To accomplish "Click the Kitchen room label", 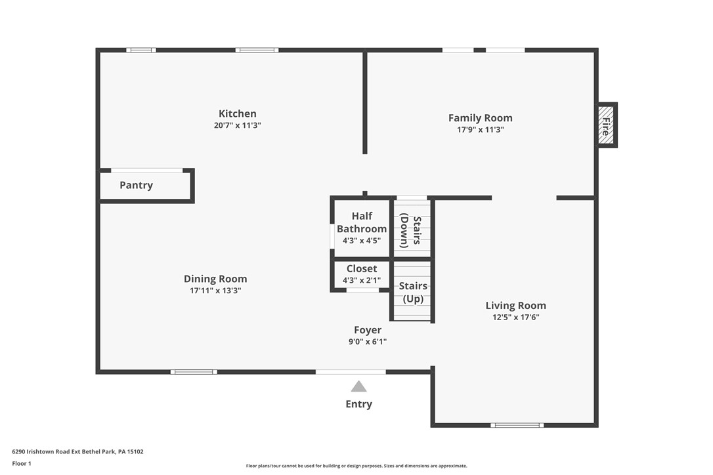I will click(x=237, y=114).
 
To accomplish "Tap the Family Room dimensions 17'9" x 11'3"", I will click(x=480, y=130).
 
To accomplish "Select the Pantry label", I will click(x=136, y=185).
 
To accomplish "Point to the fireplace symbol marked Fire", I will click(x=605, y=125).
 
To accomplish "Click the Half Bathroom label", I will click(x=361, y=222).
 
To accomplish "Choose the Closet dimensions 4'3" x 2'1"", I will click(x=361, y=280).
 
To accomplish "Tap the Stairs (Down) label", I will click(x=411, y=230).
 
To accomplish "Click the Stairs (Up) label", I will click(x=413, y=292).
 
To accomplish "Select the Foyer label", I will click(x=367, y=330).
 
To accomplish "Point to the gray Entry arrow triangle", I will click(x=358, y=386).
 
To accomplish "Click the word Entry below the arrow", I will click(x=358, y=404).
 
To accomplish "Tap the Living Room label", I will click(x=515, y=305).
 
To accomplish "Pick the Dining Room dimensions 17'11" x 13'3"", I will click(x=215, y=291).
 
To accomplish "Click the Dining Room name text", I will click(x=215, y=279).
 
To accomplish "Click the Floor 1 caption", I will click(x=22, y=463).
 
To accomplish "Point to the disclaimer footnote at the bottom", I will click(x=356, y=466).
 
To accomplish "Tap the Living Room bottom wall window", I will click(x=517, y=425).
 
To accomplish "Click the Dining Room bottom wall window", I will click(x=194, y=372).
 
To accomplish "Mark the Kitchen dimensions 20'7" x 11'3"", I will click(x=237, y=125).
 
